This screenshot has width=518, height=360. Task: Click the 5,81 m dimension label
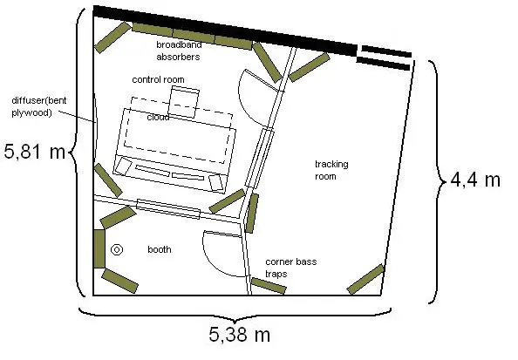tap(34, 152)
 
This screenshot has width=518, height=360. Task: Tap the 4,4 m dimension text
tap(475, 180)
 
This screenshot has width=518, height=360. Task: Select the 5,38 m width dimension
tap(239, 334)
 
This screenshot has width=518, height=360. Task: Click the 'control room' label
tap(158, 79)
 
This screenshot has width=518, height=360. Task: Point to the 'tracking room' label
tap(331, 170)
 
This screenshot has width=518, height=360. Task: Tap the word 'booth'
tap(160, 249)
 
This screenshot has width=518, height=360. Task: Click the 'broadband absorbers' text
tap(179, 51)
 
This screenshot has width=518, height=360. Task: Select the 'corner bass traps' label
tap(290, 268)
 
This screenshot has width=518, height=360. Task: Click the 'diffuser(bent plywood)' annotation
tap(39, 106)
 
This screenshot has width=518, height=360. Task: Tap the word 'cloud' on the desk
tap(158, 117)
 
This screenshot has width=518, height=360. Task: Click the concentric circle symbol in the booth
tap(117, 249)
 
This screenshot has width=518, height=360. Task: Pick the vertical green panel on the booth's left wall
tap(99, 248)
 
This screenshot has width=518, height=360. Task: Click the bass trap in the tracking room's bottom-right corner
tap(365, 279)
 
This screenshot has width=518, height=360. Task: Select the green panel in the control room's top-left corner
tap(112, 37)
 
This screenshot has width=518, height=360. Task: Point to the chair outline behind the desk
tap(184, 102)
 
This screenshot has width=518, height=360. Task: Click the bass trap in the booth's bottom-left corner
tap(119, 281)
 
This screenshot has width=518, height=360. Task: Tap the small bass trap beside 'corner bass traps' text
tap(269, 286)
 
